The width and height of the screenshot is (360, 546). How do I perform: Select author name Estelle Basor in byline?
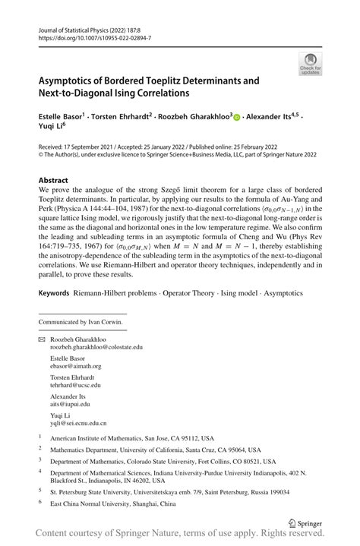coord(62,117)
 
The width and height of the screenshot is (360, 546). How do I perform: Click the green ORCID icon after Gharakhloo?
coord(236,118)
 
